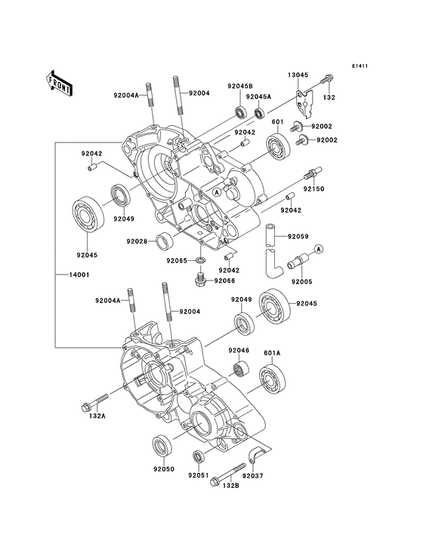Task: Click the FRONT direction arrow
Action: coord(58,83)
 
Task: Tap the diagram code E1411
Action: coord(360,66)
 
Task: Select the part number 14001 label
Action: coord(79,274)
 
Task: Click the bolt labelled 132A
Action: coord(95,402)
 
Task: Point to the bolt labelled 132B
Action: coord(227,475)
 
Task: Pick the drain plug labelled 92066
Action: coord(200,281)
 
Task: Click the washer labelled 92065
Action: coord(201,261)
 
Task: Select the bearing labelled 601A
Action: coord(272,379)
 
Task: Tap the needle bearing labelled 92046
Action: coord(241,367)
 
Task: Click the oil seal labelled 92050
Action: coord(162,446)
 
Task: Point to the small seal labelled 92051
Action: coord(199,456)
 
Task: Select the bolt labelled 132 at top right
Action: coord(327,79)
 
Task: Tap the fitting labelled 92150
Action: coord(312,173)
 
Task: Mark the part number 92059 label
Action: coord(298,237)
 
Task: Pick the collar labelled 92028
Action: coord(164,241)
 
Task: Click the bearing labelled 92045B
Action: coord(242,112)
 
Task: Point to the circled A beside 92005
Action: coord(318,250)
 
